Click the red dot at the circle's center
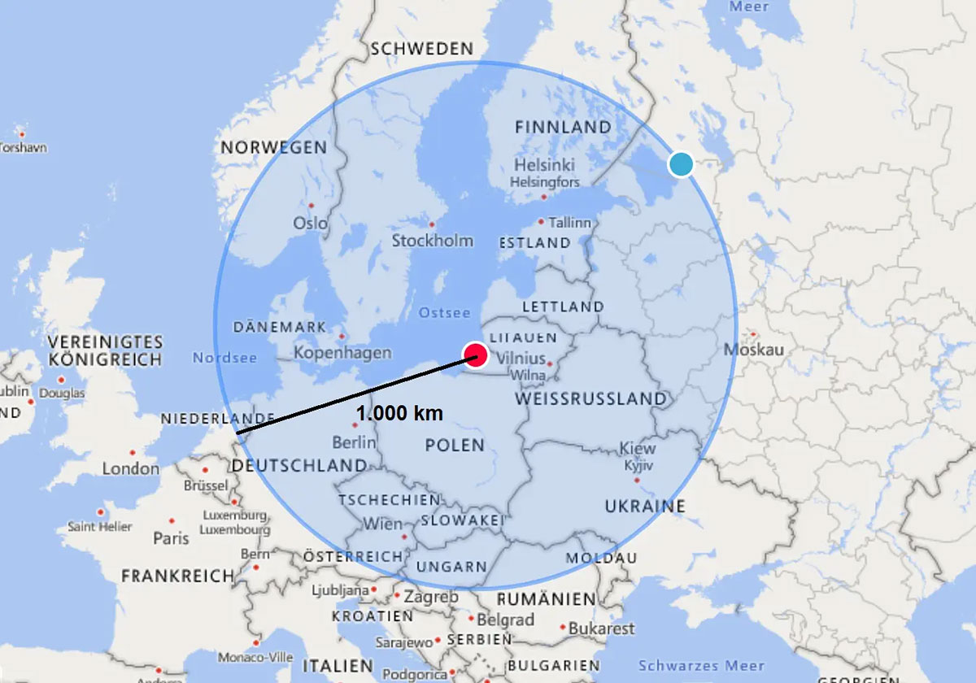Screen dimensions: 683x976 pyautogui.click(x=475, y=355)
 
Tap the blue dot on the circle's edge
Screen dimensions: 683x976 pyautogui.click(x=681, y=164)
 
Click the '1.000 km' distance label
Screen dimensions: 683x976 pyautogui.click(x=399, y=413)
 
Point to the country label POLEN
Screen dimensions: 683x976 pyautogui.click(x=455, y=446)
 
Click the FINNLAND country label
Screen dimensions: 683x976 pyautogui.click(x=563, y=127)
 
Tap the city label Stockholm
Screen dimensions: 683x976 pyautogui.click(x=432, y=241)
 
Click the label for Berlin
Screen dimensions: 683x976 pyautogui.click(x=354, y=442)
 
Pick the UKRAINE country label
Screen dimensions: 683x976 pyautogui.click(x=645, y=506)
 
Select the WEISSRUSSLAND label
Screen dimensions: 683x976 pyautogui.click(x=590, y=399)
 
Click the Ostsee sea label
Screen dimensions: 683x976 pyautogui.click(x=444, y=313)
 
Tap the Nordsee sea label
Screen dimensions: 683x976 pyautogui.click(x=224, y=358)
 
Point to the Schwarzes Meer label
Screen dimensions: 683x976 pyautogui.click(x=701, y=665)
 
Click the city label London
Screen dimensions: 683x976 pyautogui.click(x=130, y=468)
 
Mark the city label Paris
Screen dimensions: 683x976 pyautogui.click(x=171, y=537)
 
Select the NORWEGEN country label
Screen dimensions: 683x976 pyautogui.click(x=273, y=148)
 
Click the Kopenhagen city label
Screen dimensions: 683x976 pyautogui.click(x=342, y=353)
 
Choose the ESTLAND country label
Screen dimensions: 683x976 pyautogui.click(x=534, y=242)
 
